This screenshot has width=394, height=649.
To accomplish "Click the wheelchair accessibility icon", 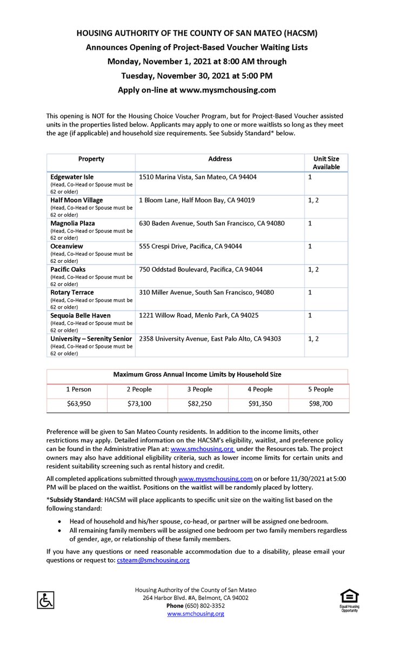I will (45, 599).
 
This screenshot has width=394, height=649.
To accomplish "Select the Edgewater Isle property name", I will (72, 176).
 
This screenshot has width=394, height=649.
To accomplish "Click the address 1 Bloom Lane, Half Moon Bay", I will (197, 200).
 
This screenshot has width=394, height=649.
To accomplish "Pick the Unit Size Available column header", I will (326, 163).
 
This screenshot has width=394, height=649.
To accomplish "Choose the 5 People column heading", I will (321, 389).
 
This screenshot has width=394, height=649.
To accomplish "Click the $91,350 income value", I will (260, 403).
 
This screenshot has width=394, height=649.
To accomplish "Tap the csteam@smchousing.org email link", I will (153, 560).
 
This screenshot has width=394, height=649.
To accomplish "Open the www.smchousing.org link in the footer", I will (196, 613).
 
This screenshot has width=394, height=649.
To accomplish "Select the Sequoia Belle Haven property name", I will (81, 315).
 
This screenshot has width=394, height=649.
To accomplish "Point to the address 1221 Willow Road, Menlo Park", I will (199, 315).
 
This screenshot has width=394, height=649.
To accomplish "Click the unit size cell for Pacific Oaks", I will (313, 269).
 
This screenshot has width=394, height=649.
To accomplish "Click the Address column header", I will (220, 159).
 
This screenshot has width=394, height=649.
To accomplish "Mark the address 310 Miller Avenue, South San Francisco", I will (206, 292).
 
